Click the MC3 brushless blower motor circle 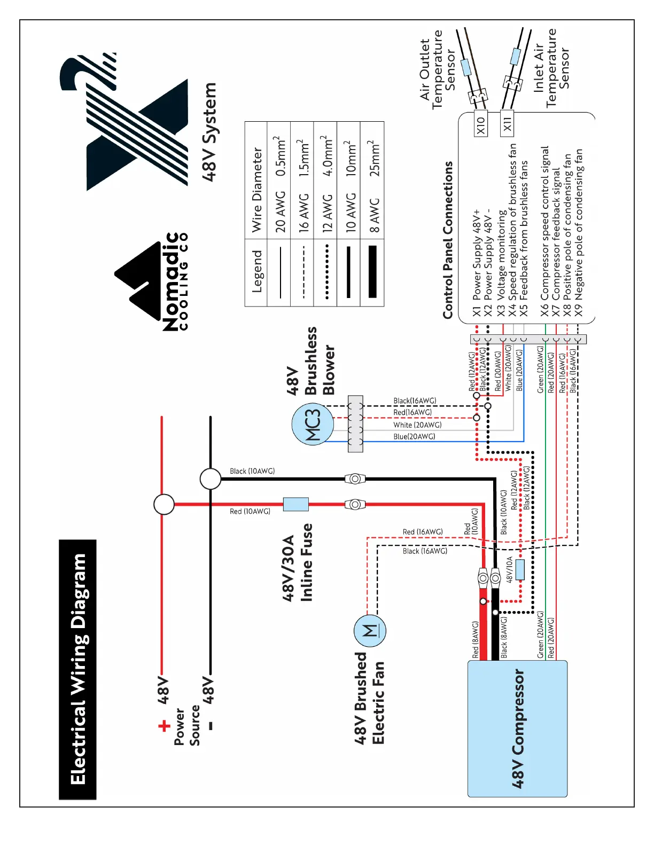tap(313, 425)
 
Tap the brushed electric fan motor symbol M tap(370, 631)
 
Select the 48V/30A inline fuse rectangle tap(295, 504)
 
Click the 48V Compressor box tap(517, 728)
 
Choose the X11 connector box tap(507, 123)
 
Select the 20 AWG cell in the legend tap(280, 212)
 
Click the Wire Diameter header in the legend tap(257, 190)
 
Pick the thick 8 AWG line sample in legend tap(372, 271)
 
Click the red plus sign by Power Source tap(164, 725)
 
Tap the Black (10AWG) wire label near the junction tap(252, 471)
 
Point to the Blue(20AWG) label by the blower tap(414, 436)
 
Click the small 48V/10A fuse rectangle tap(520, 569)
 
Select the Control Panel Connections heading tap(448, 240)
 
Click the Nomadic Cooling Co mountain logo tap(138, 281)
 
